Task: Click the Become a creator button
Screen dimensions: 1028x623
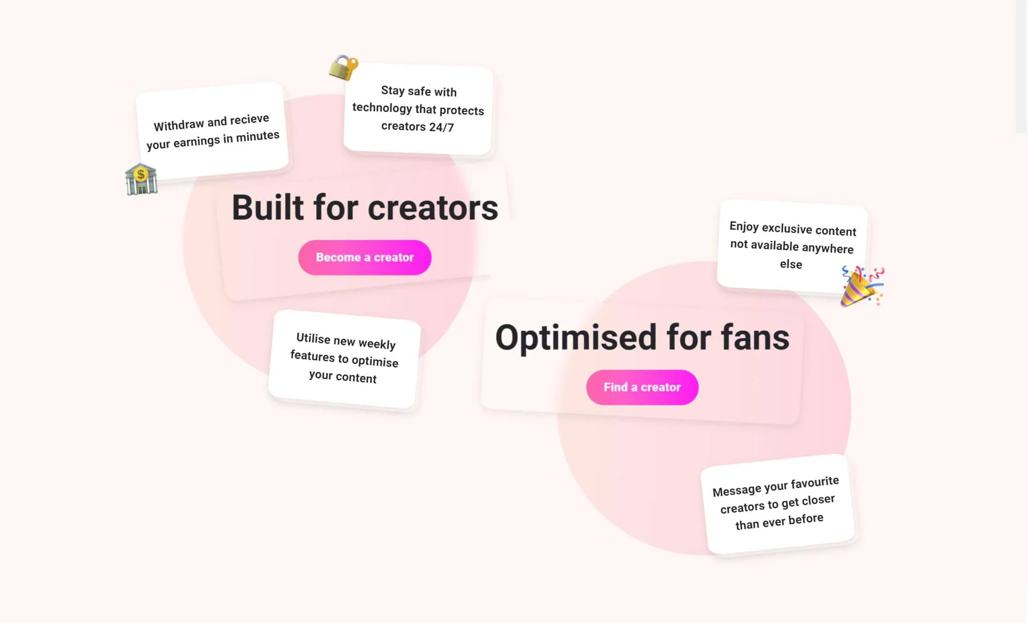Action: (x=365, y=257)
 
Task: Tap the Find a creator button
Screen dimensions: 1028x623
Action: (x=642, y=387)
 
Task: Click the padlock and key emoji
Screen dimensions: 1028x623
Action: (x=343, y=67)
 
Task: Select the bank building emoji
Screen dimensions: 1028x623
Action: (x=141, y=179)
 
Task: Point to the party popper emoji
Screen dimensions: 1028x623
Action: (x=861, y=286)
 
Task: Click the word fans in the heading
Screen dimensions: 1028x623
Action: (x=755, y=338)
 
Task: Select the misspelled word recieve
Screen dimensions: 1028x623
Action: (x=250, y=119)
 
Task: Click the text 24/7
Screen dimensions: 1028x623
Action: (x=442, y=127)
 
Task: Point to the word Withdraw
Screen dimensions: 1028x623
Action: (x=179, y=125)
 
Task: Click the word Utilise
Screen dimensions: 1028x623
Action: (x=313, y=338)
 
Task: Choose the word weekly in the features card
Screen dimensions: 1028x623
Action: (x=377, y=344)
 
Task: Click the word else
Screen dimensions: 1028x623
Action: (x=791, y=264)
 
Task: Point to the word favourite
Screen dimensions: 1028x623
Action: (x=815, y=483)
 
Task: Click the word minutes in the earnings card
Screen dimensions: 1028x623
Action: (x=258, y=136)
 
